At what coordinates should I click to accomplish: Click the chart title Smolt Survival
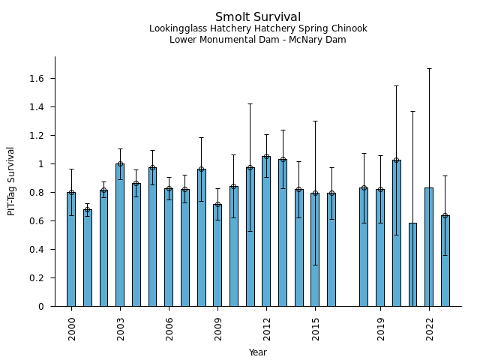tap(258, 17)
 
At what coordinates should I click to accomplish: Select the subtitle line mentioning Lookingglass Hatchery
tap(258, 29)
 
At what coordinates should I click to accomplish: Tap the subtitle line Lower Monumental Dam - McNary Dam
tap(258, 40)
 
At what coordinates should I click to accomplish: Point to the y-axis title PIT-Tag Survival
tap(11, 181)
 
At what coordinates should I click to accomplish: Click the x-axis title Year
tap(258, 352)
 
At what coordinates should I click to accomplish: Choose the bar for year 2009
tap(217, 255)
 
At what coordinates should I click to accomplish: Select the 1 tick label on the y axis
tap(42, 164)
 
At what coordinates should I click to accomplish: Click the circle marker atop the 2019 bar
tap(380, 190)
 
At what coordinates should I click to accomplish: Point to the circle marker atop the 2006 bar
tap(169, 189)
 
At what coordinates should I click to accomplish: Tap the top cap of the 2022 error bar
tap(429, 68)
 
